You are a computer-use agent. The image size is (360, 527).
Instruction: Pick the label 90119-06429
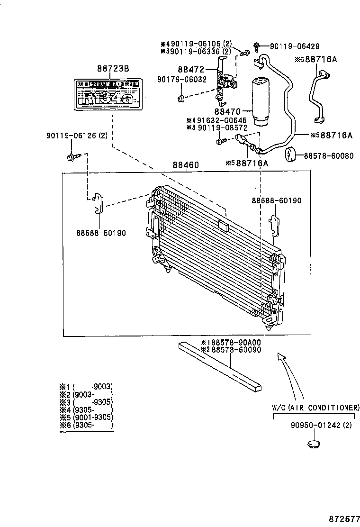(295, 46)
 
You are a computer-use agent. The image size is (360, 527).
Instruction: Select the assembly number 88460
(185, 165)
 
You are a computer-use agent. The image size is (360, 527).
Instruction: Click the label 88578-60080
(328, 155)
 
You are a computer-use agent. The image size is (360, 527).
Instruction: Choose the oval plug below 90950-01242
(314, 445)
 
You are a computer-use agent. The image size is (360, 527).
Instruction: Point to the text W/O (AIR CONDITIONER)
(315, 408)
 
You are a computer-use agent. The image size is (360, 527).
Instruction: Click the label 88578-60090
(231, 349)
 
